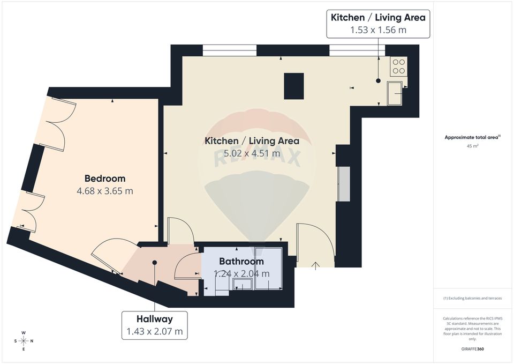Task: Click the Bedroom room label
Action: (x=105, y=179)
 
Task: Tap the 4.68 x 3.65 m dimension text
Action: (x=105, y=191)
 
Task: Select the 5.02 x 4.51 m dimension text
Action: (x=252, y=153)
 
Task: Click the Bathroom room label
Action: (x=241, y=262)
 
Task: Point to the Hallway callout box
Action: (x=155, y=325)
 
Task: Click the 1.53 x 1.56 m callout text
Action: (x=378, y=30)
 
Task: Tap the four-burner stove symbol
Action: (x=399, y=66)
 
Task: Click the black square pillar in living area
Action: (x=294, y=86)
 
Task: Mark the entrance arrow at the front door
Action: (x=315, y=265)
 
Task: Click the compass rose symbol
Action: (x=24, y=341)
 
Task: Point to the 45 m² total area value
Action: (x=472, y=145)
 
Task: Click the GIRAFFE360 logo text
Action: (x=472, y=349)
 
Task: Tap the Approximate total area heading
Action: (x=472, y=137)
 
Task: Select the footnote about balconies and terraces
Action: (x=472, y=298)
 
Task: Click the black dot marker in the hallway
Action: (x=155, y=263)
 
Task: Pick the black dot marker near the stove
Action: (x=378, y=81)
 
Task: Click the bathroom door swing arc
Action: (x=185, y=264)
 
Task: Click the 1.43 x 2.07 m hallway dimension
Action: (x=155, y=332)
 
